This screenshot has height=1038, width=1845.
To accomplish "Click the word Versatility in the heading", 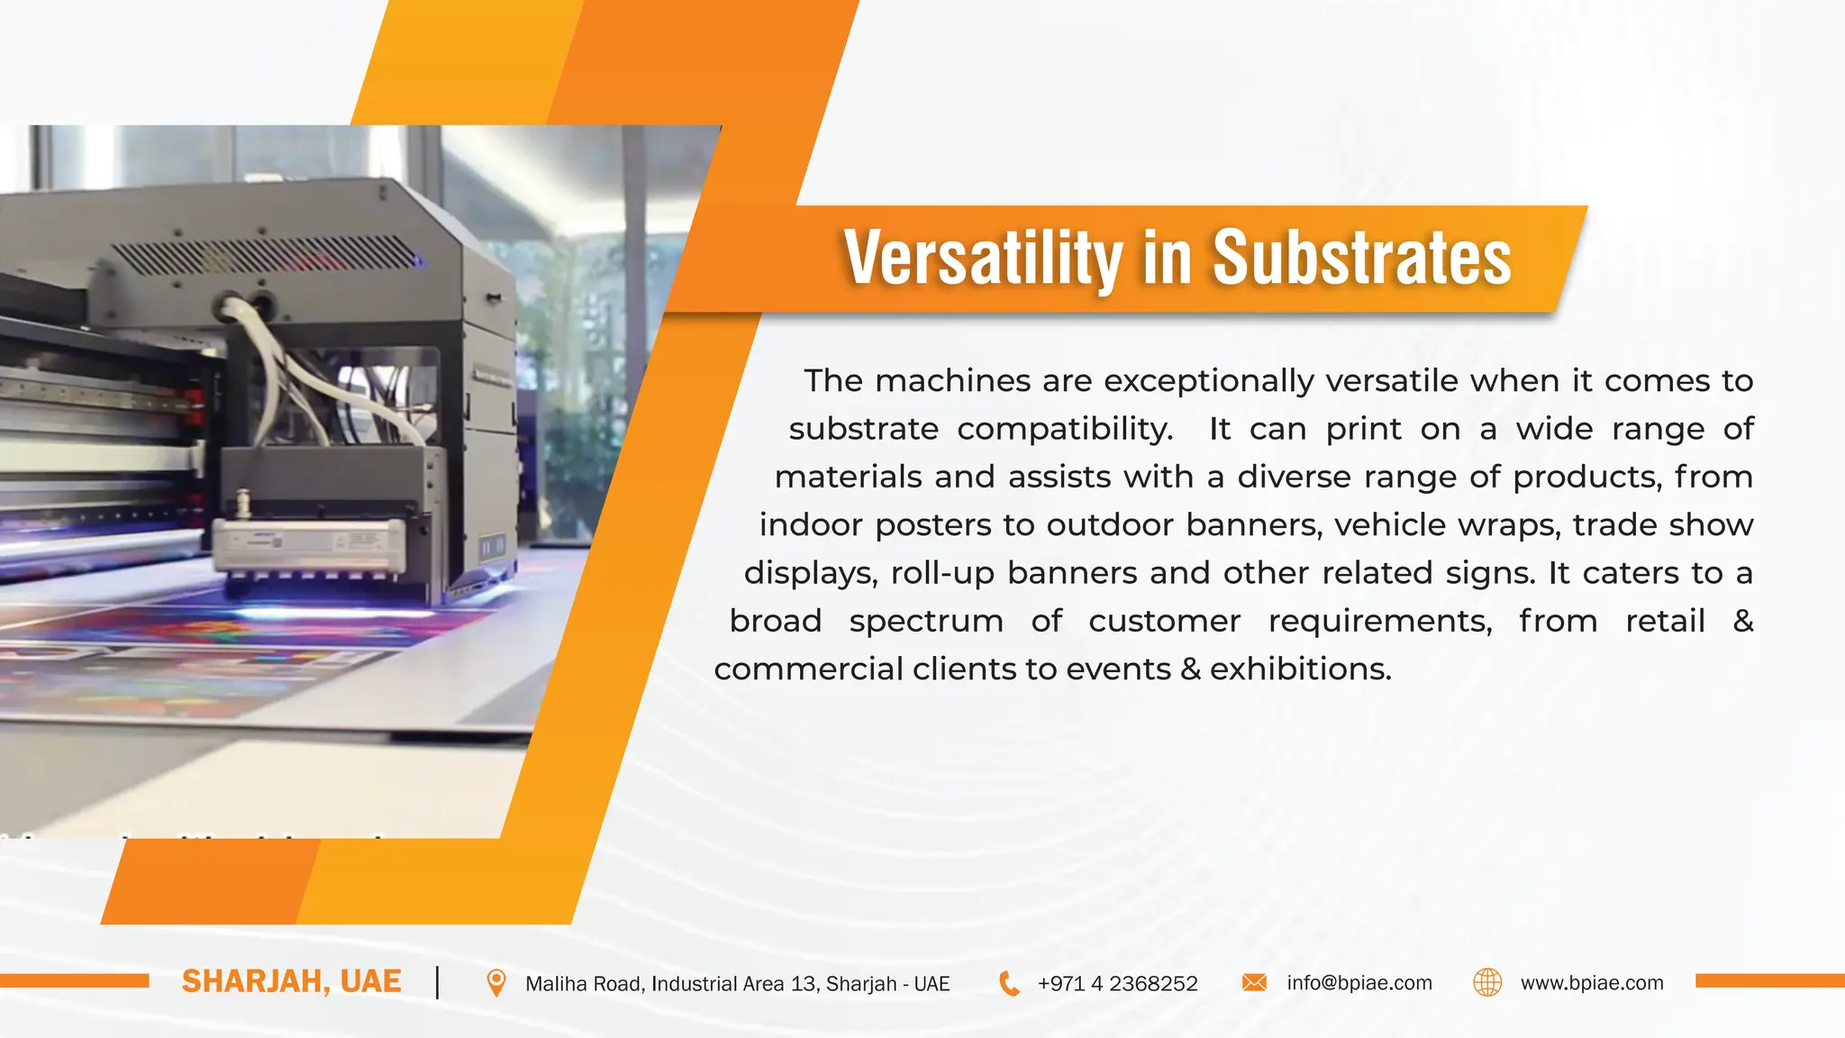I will pos(982,259).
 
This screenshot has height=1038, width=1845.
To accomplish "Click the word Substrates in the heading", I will pos(1361,259).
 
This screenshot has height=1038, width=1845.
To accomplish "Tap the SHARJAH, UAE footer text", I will pos(291,981).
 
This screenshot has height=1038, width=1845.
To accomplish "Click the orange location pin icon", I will pos(495,983).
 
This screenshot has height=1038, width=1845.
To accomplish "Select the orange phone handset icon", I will pos(1010,984).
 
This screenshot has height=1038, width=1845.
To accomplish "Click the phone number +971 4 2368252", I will pos(1117,984).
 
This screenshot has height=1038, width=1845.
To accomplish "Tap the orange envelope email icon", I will pos(1254,982).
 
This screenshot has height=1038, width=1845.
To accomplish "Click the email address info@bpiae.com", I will pos(1359,983).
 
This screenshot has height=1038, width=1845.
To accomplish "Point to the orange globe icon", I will pos(1487,982).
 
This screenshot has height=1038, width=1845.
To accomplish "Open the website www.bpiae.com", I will pos(1592,983).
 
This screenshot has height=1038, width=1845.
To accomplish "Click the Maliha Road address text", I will pos(737,984).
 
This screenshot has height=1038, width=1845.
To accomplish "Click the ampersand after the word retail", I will pos(1742,621).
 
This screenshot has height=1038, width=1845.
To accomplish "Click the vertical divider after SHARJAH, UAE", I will pos(438,982).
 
